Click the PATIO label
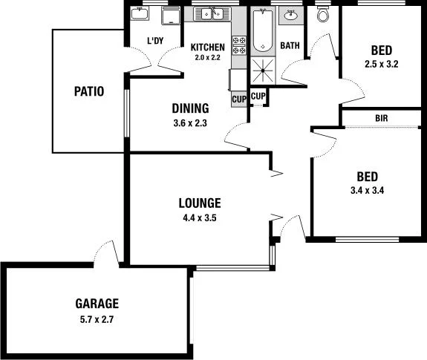click(88, 92)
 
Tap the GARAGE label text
click(97, 303)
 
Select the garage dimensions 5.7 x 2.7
click(97, 320)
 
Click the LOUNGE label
click(200, 202)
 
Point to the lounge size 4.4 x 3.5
click(200, 218)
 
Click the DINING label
click(190, 108)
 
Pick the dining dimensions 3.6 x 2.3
click(190, 123)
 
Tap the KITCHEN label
click(207, 48)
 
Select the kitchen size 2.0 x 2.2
click(207, 57)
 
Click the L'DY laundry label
click(154, 41)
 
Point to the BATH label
click(290, 46)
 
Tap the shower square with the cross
click(262, 71)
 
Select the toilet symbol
click(323, 15)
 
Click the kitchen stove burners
click(240, 45)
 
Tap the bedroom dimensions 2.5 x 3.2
click(382, 65)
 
